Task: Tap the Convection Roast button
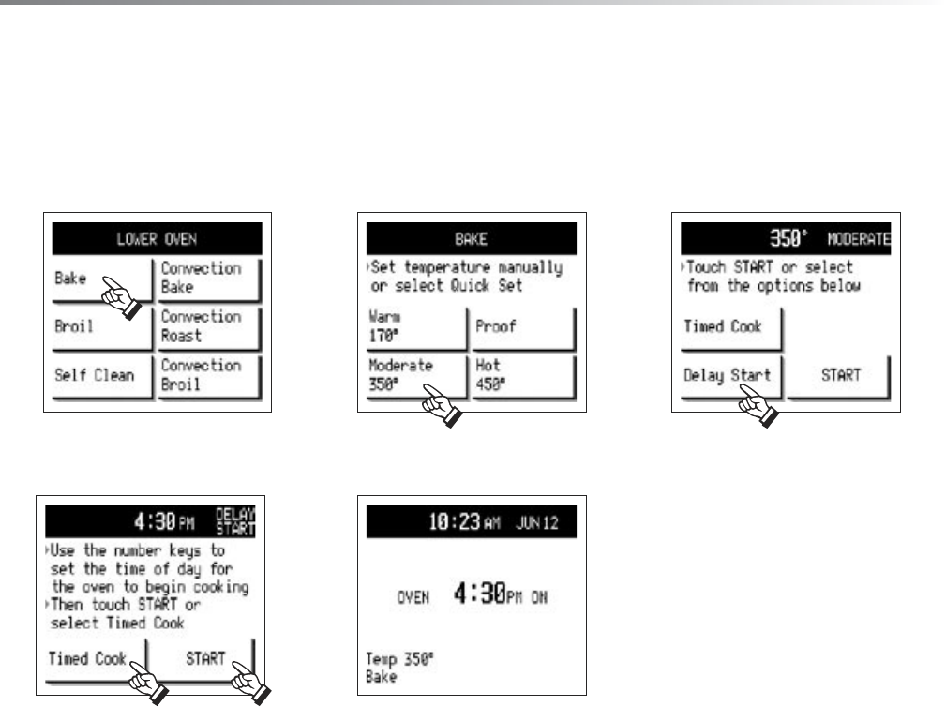click(209, 326)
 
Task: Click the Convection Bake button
click(209, 278)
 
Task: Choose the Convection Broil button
click(209, 375)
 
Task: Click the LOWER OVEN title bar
click(157, 238)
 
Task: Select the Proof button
click(522, 326)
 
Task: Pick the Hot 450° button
click(522, 375)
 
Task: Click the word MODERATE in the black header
click(857, 238)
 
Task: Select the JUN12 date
click(538, 522)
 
